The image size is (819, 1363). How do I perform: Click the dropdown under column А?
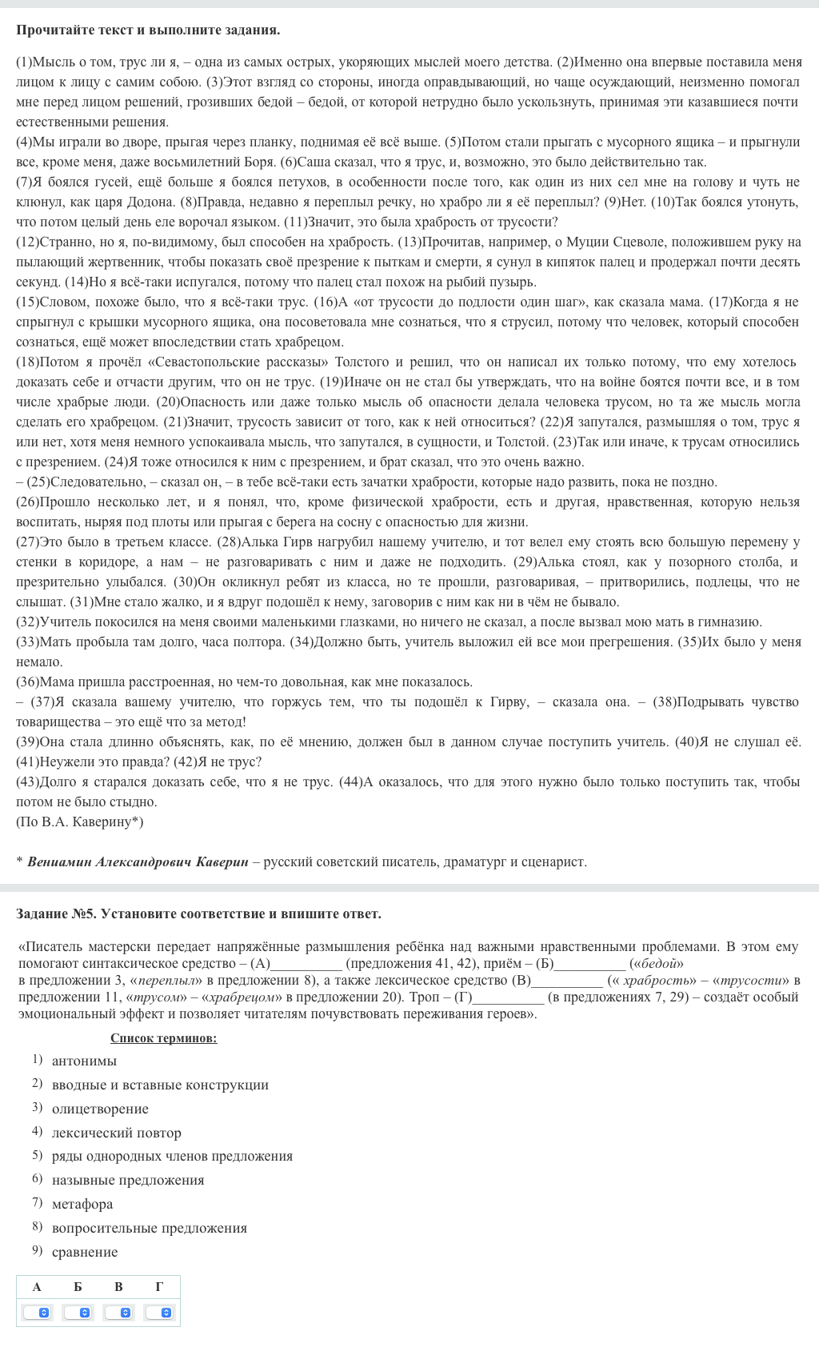point(37,1313)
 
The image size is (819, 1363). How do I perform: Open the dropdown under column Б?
point(78,1313)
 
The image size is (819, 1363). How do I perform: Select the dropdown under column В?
point(119,1313)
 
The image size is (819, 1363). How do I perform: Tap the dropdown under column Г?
point(160,1313)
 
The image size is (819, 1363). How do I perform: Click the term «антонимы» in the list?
point(84,1061)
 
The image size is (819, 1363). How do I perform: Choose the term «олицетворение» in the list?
point(100,1109)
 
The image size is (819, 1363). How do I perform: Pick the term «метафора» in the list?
point(82,1204)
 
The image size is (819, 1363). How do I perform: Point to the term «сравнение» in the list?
point(85,1252)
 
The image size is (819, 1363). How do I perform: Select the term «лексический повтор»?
point(117,1133)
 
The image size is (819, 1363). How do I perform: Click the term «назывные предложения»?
point(128,1180)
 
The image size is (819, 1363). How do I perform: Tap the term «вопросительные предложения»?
point(150,1228)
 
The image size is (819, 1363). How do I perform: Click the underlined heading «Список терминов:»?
point(163,1038)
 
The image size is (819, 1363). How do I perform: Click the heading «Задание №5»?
point(56,913)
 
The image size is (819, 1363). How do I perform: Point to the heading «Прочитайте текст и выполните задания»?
point(148,30)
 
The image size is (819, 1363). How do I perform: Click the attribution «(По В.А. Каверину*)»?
point(80,821)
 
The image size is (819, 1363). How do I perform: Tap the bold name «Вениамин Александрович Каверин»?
point(138,861)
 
